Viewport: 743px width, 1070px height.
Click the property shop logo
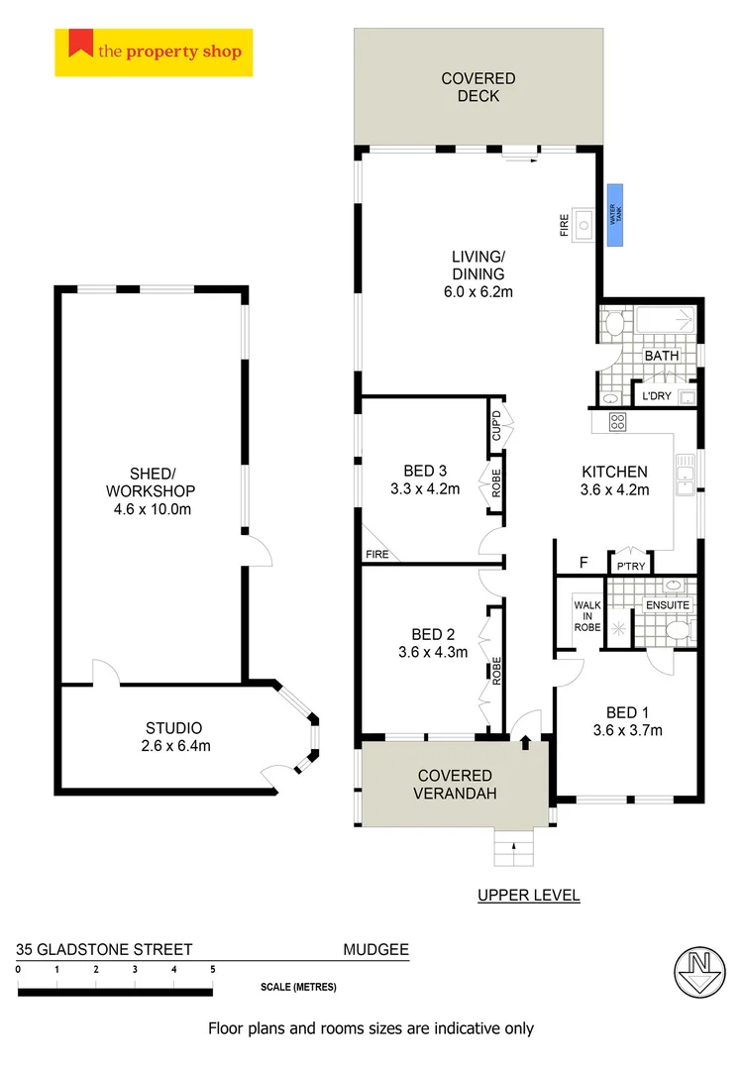[154, 53]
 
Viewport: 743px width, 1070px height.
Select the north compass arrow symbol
[699, 973]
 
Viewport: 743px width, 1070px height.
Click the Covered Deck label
[478, 87]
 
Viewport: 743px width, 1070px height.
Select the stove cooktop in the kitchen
[617, 422]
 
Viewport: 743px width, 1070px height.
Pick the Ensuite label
[667, 604]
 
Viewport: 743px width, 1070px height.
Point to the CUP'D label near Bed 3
[496, 427]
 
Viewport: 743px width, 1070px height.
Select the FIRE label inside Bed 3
[377, 555]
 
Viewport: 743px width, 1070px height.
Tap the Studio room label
[173, 727]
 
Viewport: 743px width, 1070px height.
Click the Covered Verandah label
[456, 784]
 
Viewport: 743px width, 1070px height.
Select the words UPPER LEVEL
[528, 896]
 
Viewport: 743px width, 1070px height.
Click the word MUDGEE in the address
[375, 949]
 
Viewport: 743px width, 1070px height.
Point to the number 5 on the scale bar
[212, 969]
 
